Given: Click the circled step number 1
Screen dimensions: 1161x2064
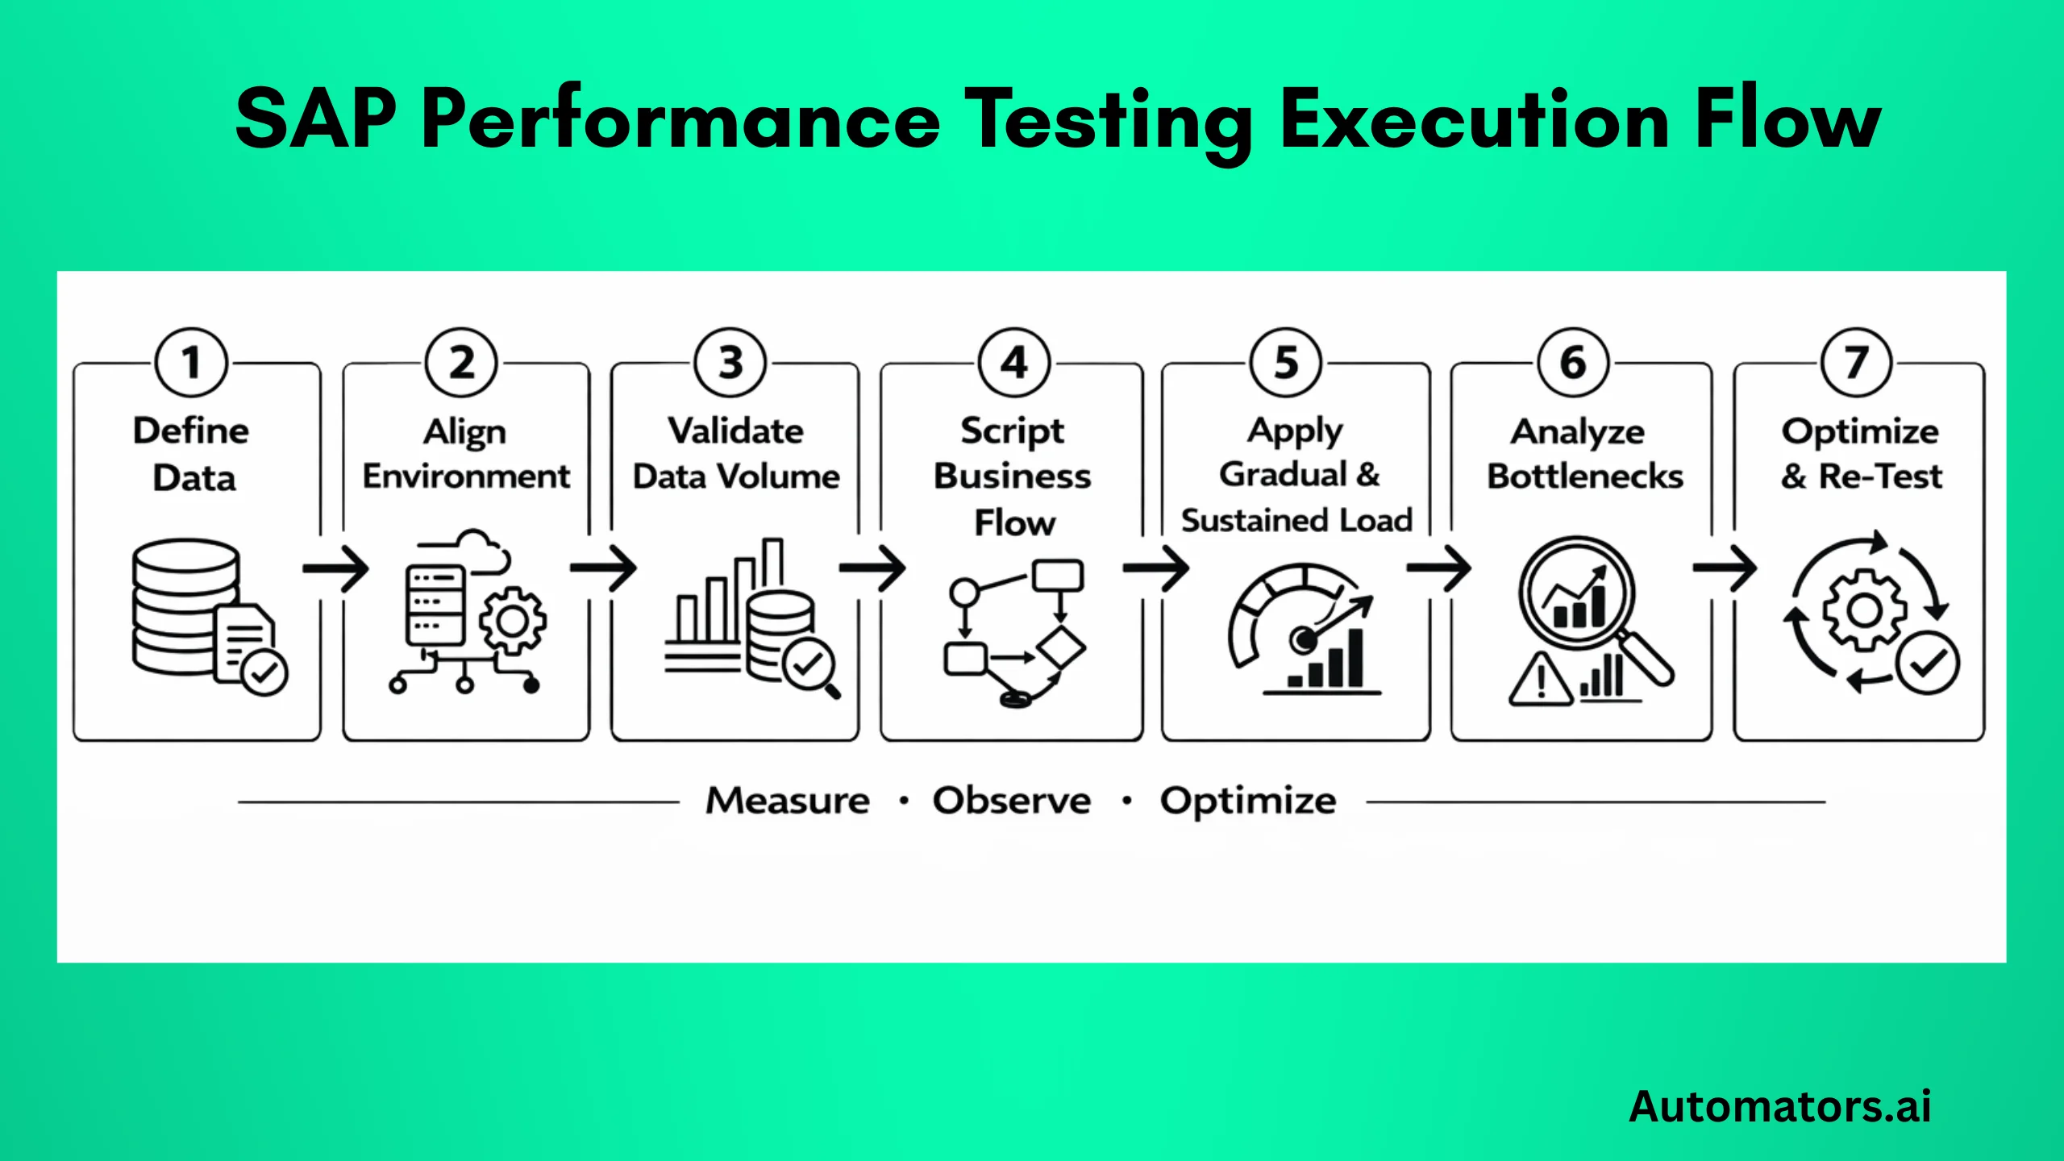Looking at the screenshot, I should tap(191, 363).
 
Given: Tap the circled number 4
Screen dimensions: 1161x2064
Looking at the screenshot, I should tap(1013, 363).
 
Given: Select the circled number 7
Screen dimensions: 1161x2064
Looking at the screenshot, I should tap(1856, 363).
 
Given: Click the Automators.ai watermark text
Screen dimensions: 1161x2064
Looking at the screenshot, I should tap(1779, 1106).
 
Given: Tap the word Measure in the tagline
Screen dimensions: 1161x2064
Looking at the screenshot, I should tap(788, 801).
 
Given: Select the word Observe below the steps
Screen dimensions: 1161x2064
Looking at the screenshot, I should tap(1012, 801).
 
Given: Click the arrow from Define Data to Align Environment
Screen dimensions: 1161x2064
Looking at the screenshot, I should tap(335, 568).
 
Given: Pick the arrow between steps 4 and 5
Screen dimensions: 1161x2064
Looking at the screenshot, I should tap(1155, 568).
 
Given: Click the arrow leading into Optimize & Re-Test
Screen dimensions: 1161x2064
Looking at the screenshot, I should tap(1725, 568).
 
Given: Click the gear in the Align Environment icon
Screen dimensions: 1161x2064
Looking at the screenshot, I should tap(513, 621).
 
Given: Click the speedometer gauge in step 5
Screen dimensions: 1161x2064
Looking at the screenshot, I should tap(1290, 621).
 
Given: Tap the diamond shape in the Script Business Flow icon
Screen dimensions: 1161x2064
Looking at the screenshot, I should tap(1061, 647).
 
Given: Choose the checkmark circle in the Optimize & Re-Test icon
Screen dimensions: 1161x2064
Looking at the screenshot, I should tap(1927, 663).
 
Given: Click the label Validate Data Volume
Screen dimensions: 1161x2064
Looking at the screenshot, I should tap(735, 453).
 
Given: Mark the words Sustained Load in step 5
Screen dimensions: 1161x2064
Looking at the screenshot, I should tap(1296, 520).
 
